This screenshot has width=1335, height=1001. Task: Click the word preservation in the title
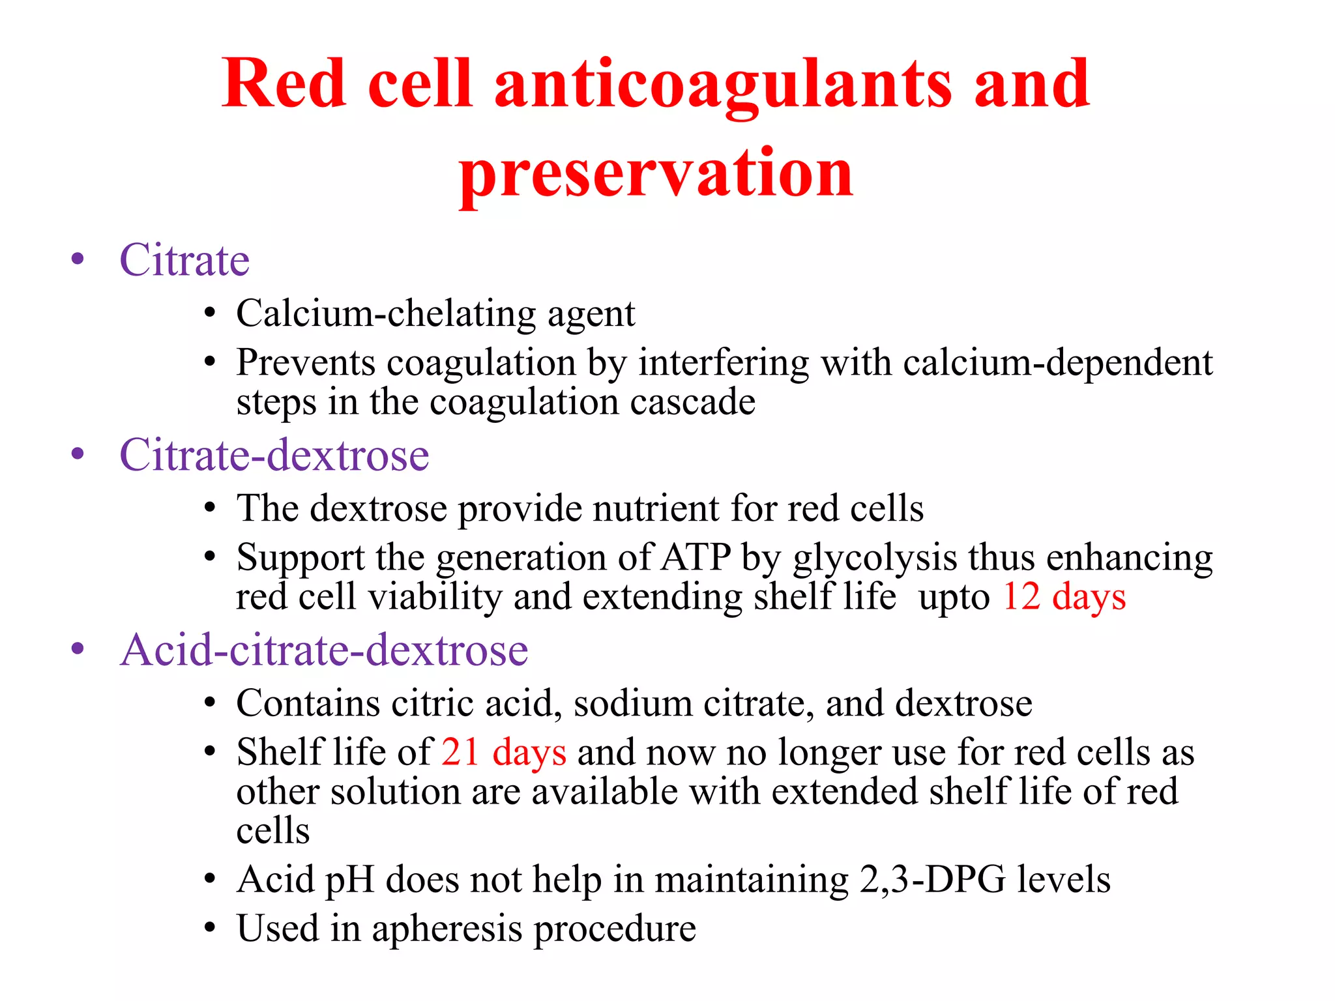[x=656, y=173]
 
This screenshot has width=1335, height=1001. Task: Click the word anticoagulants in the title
[x=724, y=85]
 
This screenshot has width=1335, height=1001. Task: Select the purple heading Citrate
[x=184, y=261]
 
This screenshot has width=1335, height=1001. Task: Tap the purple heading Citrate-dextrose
[x=274, y=455]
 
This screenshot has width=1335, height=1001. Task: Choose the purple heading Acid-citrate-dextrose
[x=324, y=650]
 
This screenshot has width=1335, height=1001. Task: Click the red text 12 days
[x=1064, y=597]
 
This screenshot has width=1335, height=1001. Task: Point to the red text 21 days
[x=504, y=753]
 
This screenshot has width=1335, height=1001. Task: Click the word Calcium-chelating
[x=386, y=314]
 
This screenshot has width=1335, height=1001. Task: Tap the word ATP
[x=696, y=558]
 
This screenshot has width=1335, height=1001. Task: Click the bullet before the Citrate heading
[x=78, y=260]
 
